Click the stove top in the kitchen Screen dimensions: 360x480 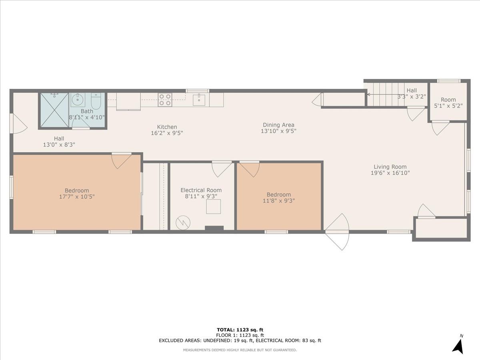coord(164,100)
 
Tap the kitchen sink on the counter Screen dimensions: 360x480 coord(199,100)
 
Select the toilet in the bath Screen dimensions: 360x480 coord(96,101)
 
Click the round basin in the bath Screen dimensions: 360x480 coord(77,100)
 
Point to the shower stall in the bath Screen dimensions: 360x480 coord(54,110)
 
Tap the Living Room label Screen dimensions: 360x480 coord(390,167)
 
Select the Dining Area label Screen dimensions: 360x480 coord(278,125)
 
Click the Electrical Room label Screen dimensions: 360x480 coord(201,190)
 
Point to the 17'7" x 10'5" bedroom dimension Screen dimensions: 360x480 coord(77,197)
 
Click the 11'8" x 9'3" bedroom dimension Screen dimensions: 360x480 coord(279,201)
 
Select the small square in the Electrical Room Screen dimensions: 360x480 coord(213,206)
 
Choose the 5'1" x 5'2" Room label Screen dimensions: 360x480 coord(448,100)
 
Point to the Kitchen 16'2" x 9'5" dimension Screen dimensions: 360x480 coord(167,133)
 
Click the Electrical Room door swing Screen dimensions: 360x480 coord(222,168)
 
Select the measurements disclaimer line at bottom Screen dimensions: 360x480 coord(240,350)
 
